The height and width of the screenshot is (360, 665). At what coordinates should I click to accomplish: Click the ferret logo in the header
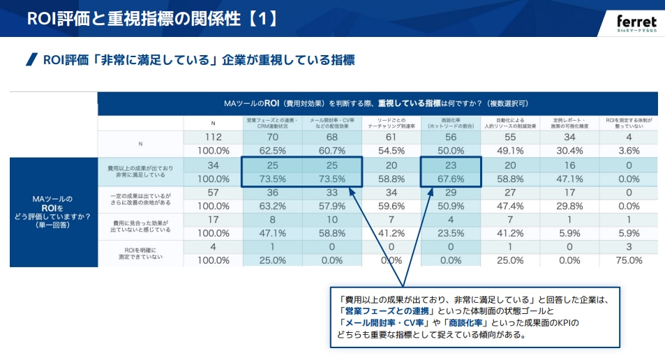point(636,22)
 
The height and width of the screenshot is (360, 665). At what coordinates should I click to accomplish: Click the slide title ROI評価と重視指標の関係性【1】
point(153,19)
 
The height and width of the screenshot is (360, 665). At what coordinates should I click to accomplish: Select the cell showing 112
point(214,137)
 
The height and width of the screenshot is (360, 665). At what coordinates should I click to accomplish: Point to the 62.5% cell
point(272,150)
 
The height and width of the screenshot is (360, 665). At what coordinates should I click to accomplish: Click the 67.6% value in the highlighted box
point(451,179)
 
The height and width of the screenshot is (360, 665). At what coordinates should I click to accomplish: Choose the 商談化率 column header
point(451,123)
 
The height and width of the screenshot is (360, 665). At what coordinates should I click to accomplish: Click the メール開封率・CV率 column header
point(331,123)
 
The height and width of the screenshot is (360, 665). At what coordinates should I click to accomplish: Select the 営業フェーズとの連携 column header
point(272,123)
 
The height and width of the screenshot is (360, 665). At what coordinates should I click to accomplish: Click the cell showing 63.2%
point(272,206)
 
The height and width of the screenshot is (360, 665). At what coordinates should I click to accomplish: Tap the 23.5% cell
point(451,233)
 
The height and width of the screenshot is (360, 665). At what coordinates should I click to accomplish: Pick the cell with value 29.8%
point(569,206)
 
